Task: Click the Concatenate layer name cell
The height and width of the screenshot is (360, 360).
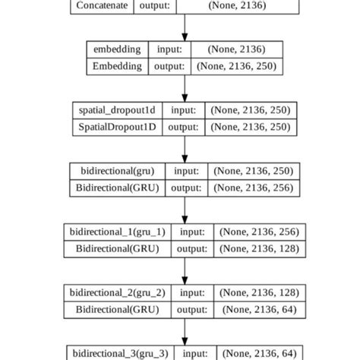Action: click(102, 5)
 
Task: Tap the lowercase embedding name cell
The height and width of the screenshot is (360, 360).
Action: click(116, 49)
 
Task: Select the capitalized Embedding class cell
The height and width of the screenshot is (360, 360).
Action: click(116, 66)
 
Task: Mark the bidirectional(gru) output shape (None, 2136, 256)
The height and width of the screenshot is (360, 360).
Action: click(253, 188)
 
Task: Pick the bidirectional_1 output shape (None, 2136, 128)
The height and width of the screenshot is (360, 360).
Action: click(259, 248)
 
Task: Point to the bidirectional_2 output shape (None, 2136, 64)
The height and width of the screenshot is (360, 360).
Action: click(259, 309)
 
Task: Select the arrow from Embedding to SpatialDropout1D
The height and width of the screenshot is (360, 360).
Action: click(185, 87)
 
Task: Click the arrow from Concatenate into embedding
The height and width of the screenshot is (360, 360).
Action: click(185, 27)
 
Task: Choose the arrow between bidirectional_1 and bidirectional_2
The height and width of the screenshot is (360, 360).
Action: click(185, 270)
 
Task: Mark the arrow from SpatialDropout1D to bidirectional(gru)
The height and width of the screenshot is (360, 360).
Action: click(185, 148)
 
